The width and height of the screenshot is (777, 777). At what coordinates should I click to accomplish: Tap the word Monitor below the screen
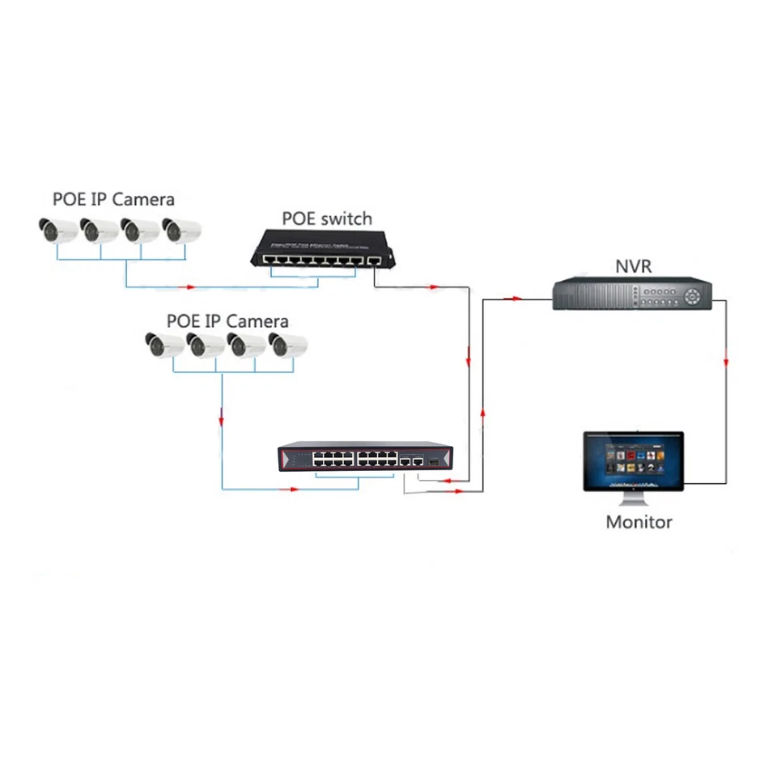(639, 522)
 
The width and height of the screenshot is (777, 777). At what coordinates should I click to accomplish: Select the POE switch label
(327, 219)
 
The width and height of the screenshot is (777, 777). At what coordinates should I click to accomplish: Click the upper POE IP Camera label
(113, 198)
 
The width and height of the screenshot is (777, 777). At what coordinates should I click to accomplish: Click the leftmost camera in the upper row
(58, 231)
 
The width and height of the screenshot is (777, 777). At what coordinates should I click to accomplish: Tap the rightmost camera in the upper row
(181, 231)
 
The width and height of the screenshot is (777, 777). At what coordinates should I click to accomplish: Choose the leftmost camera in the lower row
(165, 346)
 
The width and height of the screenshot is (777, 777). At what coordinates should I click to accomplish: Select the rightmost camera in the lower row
(288, 346)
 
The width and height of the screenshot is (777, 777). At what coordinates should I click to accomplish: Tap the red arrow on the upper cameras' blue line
(192, 287)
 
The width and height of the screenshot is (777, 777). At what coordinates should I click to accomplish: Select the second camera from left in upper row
(100, 231)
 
